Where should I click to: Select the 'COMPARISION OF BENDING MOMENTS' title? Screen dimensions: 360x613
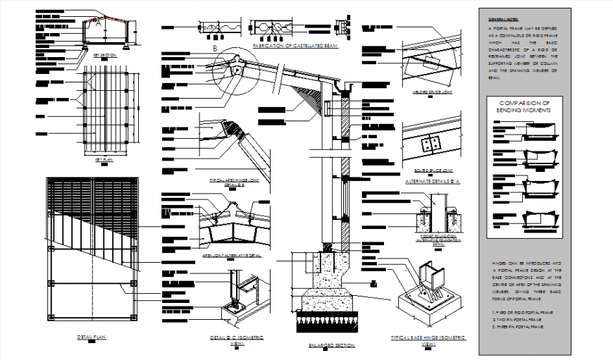click(x=523, y=106)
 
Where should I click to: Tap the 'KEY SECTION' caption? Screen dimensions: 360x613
click(x=105, y=54)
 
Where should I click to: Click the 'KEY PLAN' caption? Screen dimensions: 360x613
click(x=104, y=159)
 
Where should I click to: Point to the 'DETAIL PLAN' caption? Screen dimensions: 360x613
click(x=92, y=337)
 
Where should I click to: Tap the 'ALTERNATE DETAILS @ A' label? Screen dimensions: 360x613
click(x=433, y=181)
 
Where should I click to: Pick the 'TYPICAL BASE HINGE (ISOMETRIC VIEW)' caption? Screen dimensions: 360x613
click(x=428, y=340)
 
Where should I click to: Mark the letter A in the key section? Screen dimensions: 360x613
click(x=99, y=23)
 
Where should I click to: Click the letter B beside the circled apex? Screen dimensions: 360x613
click(x=214, y=48)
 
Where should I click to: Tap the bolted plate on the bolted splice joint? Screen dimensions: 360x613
click(x=430, y=144)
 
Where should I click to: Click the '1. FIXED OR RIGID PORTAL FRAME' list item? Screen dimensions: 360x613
click(x=521, y=311)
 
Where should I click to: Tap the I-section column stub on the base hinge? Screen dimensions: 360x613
click(x=428, y=278)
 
